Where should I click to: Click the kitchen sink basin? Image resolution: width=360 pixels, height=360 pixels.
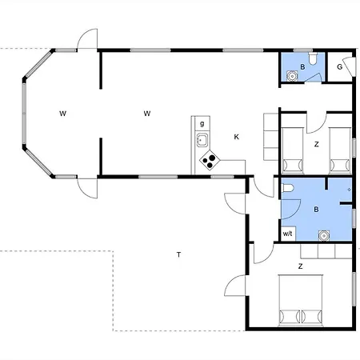click(202, 140)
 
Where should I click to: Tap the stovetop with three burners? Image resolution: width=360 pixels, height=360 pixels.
click(210, 160)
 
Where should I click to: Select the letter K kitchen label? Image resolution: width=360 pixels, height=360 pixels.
click(236, 137)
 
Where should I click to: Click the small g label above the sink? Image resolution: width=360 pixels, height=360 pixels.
click(202, 124)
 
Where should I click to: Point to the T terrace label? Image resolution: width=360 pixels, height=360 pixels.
click(178, 254)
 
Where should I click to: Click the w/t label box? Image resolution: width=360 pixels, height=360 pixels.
click(288, 234)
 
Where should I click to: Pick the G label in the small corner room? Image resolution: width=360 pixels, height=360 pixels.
click(339, 66)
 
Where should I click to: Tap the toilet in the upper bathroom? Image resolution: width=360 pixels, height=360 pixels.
click(313, 58)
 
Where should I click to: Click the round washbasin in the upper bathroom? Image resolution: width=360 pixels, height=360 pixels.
click(292, 76)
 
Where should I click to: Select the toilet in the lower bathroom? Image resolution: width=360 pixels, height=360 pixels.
click(288, 188)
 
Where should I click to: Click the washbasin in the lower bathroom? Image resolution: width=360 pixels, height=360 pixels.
click(324, 236)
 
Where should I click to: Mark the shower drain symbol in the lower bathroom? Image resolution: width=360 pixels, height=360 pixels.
click(349, 190)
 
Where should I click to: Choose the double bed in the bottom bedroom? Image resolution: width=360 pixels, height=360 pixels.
click(301, 301)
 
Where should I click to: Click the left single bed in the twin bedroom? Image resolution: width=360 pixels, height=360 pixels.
click(293, 150)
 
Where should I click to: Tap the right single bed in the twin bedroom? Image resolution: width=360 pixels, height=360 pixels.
click(340, 150)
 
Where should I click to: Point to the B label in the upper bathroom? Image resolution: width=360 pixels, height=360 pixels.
click(302, 66)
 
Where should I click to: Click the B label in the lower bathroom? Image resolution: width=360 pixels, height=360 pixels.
click(316, 210)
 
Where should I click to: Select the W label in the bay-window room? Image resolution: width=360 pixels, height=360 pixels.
click(62, 114)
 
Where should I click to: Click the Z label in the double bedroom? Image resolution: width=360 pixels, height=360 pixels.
click(301, 266)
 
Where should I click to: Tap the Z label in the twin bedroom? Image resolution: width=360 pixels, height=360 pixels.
click(317, 144)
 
